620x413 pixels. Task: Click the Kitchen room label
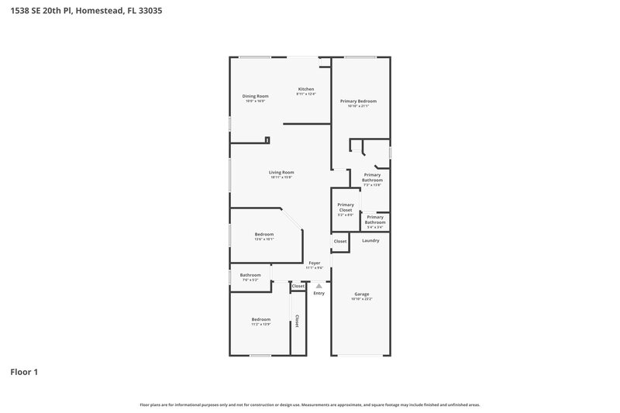[x=306, y=89]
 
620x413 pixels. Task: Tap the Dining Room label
[x=255, y=96]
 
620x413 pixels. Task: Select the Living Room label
[x=281, y=172]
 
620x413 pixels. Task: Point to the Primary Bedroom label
[x=358, y=101]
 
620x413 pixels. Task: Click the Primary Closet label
[x=346, y=207]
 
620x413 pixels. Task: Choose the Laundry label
[x=370, y=240]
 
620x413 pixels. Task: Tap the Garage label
[x=362, y=294]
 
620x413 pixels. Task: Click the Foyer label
[x=315, y=263]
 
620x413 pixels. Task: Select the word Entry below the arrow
[x=319, y=293]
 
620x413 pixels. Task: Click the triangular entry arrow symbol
[x=319, y=285]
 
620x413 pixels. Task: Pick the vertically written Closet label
[x=296, y=320]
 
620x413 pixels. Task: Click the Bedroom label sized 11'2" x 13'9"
[x=260, y=319]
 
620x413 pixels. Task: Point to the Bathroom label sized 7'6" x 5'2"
[x=250, y=275]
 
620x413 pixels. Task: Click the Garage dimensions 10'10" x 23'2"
[x=362, y=299]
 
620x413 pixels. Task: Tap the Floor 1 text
[x=24, y=372]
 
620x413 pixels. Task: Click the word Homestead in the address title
[x=104, y=12]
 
